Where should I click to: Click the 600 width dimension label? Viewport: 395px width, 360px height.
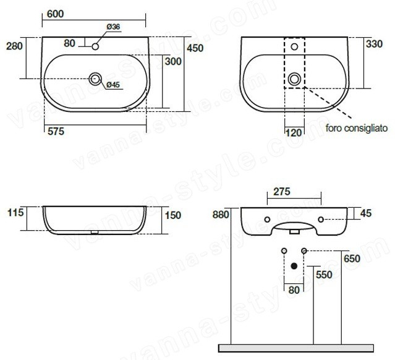55,14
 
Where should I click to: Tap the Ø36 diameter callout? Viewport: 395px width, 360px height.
113,27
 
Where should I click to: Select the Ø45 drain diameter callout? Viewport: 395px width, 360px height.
113,85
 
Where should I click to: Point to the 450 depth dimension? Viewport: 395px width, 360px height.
195,48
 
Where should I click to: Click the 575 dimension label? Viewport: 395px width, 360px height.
56,131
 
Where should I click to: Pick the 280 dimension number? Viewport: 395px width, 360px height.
14,46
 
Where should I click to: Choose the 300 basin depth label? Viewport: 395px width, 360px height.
173,61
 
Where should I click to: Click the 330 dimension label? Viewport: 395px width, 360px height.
374,44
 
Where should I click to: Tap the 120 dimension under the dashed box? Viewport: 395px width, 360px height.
294,132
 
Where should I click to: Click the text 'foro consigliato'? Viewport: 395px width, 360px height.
357,128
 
